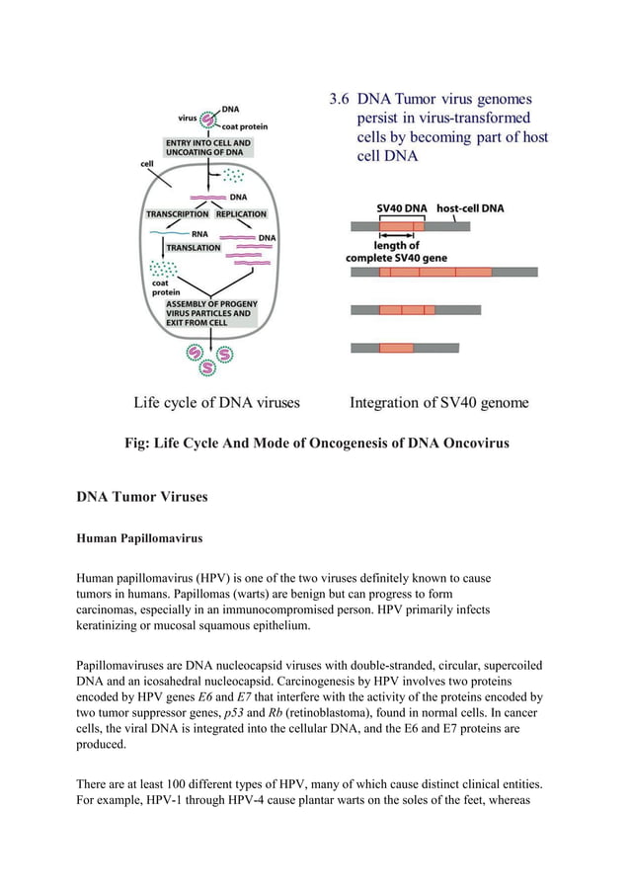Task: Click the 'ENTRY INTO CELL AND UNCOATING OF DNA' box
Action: click(x=208, y=148)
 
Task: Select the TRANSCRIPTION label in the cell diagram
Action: click(x=177, y=213)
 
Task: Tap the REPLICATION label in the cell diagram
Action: click(x=241, y=213)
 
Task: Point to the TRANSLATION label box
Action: click(x=194, y=247)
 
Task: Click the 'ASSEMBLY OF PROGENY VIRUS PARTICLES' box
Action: click(x=211, y=312)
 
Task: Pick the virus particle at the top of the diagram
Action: click(x=208, y=119)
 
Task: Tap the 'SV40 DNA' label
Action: click(x=402, y=208)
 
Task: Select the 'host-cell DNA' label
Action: click(x=470, y=208)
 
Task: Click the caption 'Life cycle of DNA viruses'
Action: click(x=216, y=402)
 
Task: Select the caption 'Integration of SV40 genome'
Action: click(x=439, y=402)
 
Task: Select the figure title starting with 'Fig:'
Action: click(x=314, y=443)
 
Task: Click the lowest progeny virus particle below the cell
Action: click(x=207, y=367)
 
